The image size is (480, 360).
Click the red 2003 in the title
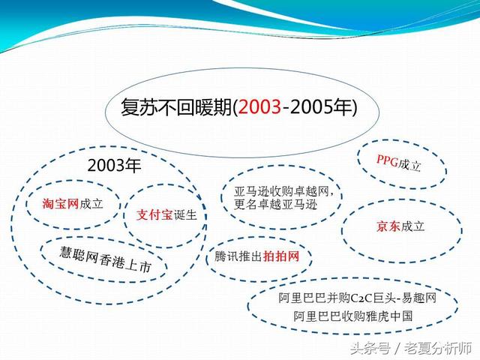point(259,107)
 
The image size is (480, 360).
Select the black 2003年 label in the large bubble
point(114,165)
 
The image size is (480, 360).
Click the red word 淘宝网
point(61,203)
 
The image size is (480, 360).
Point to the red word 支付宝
point(154,215)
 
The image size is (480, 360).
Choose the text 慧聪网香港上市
point(106,259)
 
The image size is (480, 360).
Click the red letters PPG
point(387,160)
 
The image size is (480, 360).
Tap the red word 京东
point(388,226)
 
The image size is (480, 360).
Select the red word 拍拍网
point(281,256)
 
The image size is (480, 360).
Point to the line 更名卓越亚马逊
point(275,205)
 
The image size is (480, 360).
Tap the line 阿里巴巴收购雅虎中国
point(353,316)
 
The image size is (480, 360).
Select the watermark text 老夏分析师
point(438,348)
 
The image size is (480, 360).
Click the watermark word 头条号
point(370,348)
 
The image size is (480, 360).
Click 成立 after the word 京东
point(412,226)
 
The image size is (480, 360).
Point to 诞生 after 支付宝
point(185,215)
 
